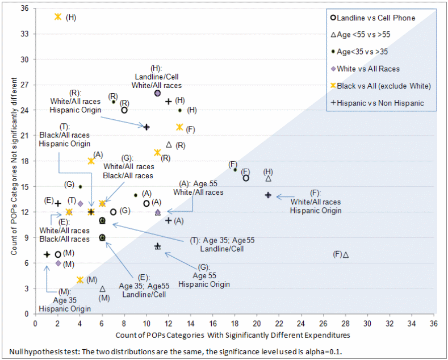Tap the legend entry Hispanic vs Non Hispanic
click(380, 103)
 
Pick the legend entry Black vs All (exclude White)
click(382, 86)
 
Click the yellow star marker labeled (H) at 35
click(58, 17)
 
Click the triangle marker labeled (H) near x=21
click(268, 178)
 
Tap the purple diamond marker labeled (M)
click(58, 263)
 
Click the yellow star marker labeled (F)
click(179, 127)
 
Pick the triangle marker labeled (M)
click(102, 288)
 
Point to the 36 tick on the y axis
click(24, 9)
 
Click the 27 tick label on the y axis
click(24, 85)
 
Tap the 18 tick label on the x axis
click(235, 323)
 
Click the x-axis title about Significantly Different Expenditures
click(232, 336)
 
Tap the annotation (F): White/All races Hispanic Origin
click(316, 202)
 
